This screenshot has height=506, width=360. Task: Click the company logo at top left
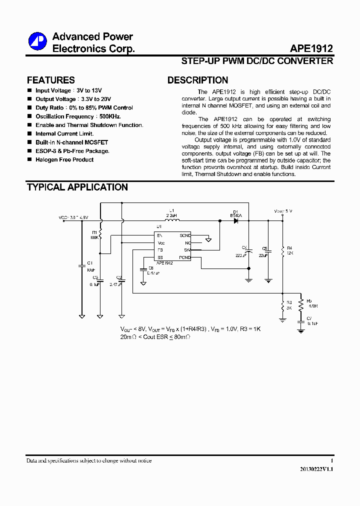tap(37, 41)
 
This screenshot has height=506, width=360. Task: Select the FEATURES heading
tap(50, 80)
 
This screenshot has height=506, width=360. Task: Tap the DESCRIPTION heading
tap(197, 80)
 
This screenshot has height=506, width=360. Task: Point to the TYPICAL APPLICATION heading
tap(77, 187)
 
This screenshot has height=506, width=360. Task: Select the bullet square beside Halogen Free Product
tap(29, 159)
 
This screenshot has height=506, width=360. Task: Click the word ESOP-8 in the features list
tap(45, 151)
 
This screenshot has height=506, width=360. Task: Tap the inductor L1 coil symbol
tap(172, 220)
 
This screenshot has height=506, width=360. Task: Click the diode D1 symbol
tap(235, 220)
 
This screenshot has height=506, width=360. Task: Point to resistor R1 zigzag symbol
tap(100, 233)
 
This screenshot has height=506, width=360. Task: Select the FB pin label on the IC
tap(160, 250)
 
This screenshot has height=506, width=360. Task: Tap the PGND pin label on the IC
tap(185, 257)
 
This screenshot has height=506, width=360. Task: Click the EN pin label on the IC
tap(159, 235)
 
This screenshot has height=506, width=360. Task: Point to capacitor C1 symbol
tap(82, 267)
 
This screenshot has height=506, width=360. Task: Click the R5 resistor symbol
tap(301, 304)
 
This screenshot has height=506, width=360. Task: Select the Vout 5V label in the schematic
tap(283, 211)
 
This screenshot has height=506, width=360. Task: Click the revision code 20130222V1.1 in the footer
tap(316, 470)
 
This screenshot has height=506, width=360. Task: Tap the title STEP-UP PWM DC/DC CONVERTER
tap(256, 61)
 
